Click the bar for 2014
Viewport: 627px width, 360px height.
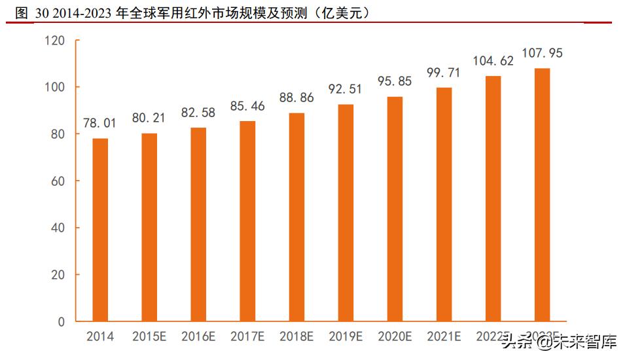click(100, 230)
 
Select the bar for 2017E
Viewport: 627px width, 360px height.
click(247, 221)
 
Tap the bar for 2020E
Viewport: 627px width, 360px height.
click(395, 209)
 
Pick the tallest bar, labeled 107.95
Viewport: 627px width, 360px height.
click(543, 195)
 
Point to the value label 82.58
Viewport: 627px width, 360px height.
click(198, 113)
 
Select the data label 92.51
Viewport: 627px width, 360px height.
click(346, 90)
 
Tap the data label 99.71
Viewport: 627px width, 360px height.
click(444, 73)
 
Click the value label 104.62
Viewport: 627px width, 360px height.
click(493, 61)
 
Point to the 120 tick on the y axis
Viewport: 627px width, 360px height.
click(55, 41)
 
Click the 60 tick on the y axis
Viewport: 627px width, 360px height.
click(58, 181)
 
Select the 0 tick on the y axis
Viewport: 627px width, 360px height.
click(62, 322)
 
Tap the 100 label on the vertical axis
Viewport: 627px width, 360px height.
click(55, 87)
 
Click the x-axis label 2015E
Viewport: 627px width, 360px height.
click(149, 337)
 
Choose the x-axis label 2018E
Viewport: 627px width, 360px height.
click(296, 337)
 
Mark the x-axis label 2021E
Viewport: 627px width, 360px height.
click(444, 337)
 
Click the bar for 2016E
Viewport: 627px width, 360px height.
click(198, 225)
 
